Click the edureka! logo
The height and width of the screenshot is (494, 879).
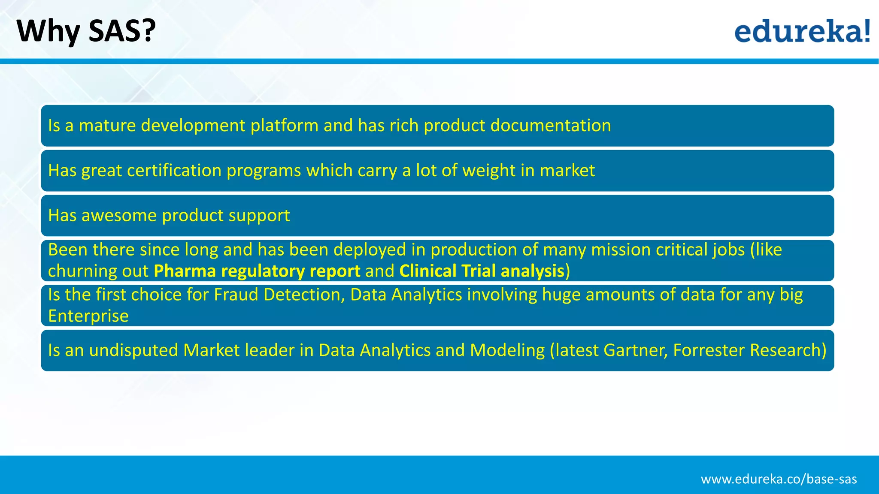[802, 31]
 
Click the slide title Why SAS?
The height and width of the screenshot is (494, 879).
[86, 31]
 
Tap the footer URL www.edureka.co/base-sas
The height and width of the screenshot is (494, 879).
[779, 479]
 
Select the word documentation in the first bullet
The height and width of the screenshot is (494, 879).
[551, 126]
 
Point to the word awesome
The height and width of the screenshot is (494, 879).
[119, 215]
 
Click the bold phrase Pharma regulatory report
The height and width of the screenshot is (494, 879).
[257, 271]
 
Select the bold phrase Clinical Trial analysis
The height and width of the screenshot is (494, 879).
[482, 271]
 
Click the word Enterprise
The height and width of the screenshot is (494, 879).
[88, 316]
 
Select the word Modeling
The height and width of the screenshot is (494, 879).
[507, 350]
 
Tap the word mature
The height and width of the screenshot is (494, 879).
[107, 126]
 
